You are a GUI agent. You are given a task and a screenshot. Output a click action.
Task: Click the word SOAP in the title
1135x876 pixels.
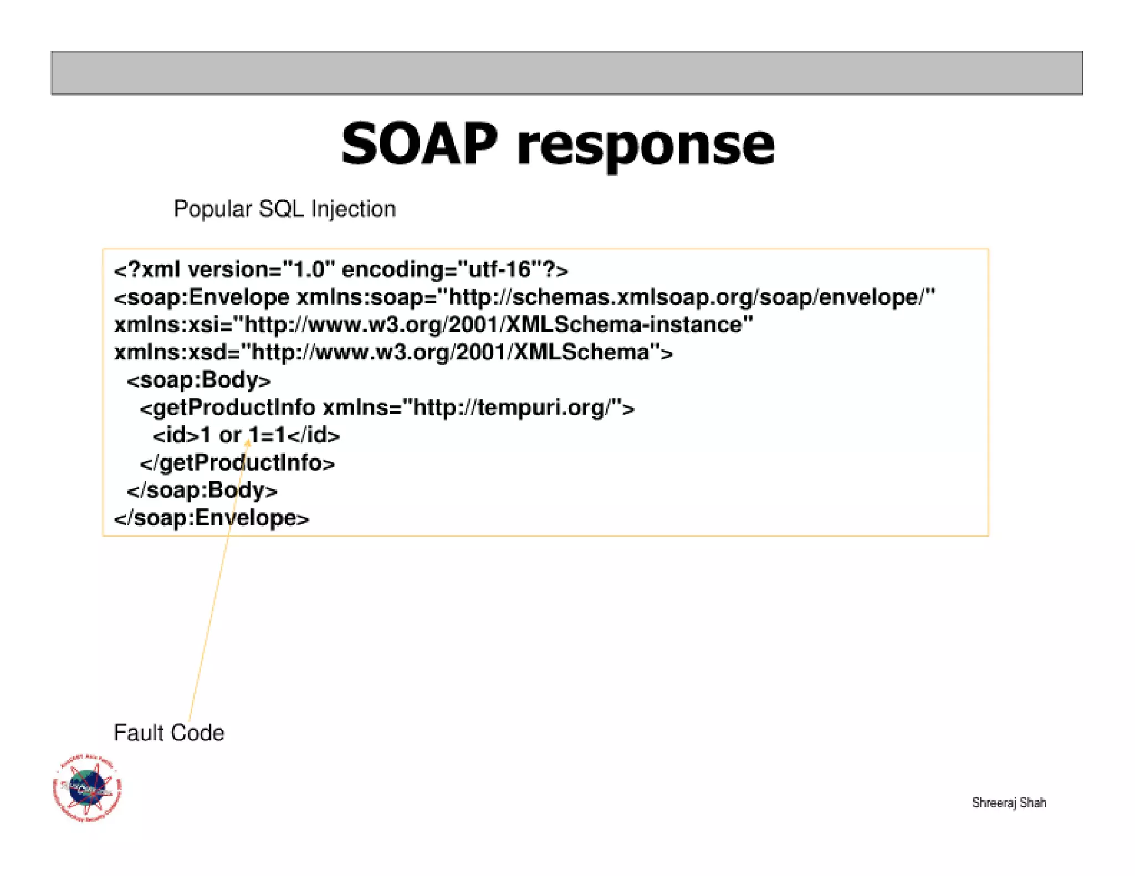coord(419,145)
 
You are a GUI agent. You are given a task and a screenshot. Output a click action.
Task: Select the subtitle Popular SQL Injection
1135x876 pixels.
coord(284,209)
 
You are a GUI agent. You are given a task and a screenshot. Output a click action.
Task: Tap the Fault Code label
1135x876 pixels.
coord(168,733)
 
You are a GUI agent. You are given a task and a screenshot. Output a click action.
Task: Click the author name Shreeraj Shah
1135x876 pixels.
coord(1009,802)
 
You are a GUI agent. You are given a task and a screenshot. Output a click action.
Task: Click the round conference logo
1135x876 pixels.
coord(88,787)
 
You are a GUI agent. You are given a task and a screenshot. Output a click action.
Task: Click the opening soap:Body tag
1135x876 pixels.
coord(198,380)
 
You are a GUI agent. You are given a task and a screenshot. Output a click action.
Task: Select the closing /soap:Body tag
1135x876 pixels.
coord(202,491)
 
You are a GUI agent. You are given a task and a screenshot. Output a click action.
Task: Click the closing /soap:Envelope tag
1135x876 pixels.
coord(211,518)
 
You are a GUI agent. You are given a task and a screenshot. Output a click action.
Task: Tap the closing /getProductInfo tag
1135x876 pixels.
coord(237,463)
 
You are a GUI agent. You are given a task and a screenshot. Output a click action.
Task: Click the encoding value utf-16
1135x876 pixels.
coord(499,270)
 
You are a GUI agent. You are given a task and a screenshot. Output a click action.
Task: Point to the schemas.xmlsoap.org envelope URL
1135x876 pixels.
coord(687,297)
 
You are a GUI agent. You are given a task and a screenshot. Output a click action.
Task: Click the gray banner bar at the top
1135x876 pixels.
coord(566,73)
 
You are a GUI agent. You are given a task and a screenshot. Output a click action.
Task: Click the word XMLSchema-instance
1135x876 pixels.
coord(630,325)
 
